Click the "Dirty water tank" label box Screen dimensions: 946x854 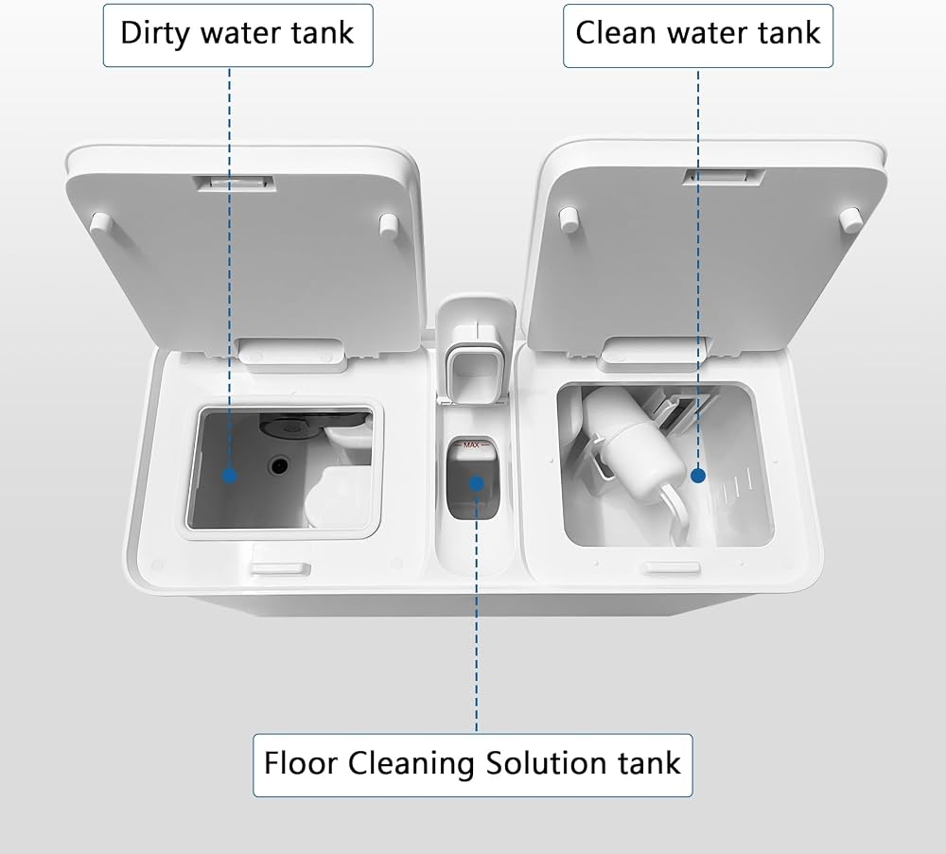[237, 35]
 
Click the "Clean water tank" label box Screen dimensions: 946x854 [698, 36]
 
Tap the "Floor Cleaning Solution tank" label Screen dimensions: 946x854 [472, 765]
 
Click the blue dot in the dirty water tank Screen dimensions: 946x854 [229, 476]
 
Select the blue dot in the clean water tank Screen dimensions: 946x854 [698, 476]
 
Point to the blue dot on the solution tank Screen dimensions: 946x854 [477, 483]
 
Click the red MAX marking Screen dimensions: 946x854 [471, 444]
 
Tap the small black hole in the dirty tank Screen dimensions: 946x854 [279, 465]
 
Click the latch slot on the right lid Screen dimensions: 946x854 [724, 177]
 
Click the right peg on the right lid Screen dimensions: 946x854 [850, 219]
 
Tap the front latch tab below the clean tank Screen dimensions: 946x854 [673, 567]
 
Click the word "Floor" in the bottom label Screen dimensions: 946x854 [301, 763]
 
